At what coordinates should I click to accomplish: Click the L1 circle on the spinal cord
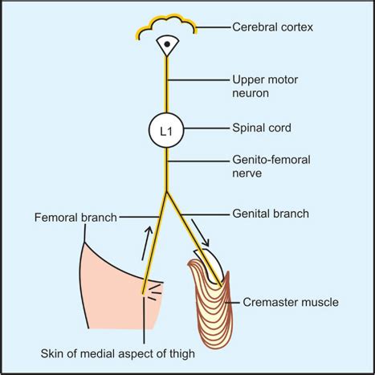166,131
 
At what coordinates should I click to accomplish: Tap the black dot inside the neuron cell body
166,44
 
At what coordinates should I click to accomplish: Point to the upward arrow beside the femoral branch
145,243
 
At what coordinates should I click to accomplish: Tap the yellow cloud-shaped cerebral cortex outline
165,26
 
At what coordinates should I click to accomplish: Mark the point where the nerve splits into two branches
166,193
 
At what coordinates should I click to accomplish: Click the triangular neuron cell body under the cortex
166,46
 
